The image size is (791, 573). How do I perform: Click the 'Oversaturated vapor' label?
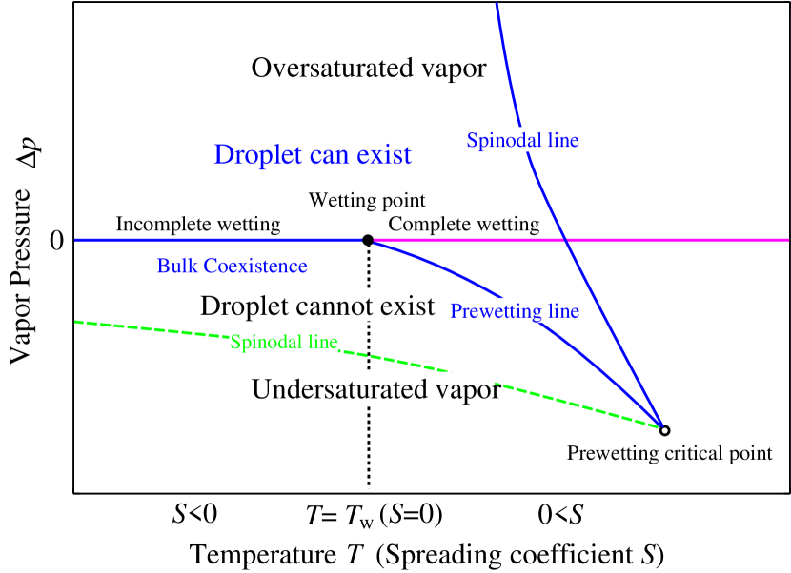click(x=366, y=68)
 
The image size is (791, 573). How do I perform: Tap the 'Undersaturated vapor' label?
click(x=373, y=389)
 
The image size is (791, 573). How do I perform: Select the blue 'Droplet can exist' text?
click(x=313, y=154)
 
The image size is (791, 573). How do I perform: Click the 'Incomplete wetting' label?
click(x=197, y=224)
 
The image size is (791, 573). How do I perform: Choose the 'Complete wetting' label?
click(x=462, y=224)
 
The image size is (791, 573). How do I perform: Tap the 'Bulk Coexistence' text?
click(x=232, y=267)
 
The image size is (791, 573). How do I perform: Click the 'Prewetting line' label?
click(x=514, y=311)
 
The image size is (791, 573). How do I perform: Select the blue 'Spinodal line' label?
click(x=521, y=140)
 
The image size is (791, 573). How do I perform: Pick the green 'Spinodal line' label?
click(x=284, y=342)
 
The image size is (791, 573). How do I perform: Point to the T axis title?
click(x=355, y=554)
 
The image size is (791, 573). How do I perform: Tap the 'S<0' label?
click(x=194, y=515)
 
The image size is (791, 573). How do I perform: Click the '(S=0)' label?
click(x=411, y=515)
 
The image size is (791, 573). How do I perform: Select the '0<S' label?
click(x=560, y=515)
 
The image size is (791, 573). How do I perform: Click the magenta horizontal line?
click(x=686, y=239)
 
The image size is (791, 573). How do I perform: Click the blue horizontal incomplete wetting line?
click(x=95, y=239)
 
